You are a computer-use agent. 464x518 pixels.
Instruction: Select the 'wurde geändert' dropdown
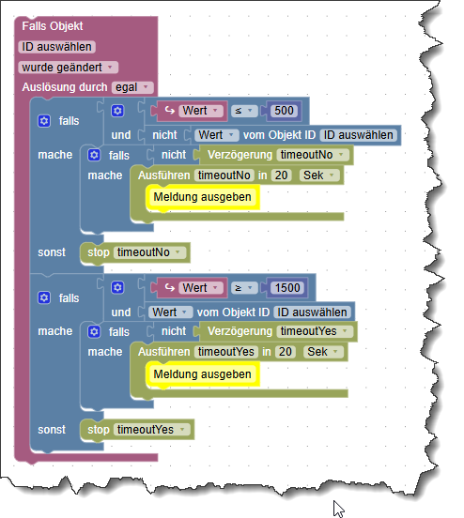(x=67, y=68)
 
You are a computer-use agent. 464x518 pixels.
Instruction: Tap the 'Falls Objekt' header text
(x=53, y=26)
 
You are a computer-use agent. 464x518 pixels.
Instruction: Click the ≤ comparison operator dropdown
(x=241, y=112)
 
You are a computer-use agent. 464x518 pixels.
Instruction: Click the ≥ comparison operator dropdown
(x=241, y=288)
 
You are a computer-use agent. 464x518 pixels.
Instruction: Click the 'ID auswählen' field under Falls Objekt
(x=56, y=47)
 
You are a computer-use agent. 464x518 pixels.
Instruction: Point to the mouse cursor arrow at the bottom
(x=338, y=508)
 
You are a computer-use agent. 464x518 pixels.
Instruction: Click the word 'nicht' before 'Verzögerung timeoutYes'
(x=174, y=331)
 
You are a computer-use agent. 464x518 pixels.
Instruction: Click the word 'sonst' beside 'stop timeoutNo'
(x=53, y=252)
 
